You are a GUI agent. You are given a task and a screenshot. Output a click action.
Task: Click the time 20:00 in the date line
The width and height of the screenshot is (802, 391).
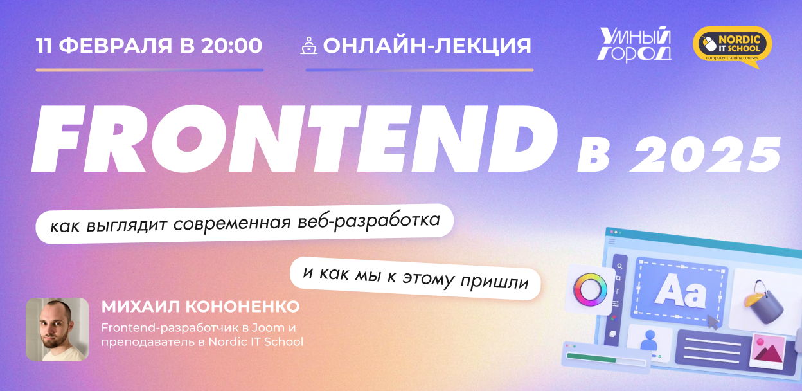(231, 46)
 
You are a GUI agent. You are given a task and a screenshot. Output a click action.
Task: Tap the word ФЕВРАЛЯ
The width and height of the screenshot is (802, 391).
(115, 46)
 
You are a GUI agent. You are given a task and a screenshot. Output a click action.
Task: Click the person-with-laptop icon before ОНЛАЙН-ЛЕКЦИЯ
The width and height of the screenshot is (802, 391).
(308, 46)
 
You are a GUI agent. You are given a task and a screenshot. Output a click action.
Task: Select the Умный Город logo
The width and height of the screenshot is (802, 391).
(634, 44)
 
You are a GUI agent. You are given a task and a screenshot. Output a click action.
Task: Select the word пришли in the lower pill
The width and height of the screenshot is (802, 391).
(494, 282)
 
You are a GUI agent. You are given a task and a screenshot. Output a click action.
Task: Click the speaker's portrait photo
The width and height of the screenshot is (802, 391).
(57, 329)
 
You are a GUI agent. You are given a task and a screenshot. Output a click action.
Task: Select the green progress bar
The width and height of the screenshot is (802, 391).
(591, 358)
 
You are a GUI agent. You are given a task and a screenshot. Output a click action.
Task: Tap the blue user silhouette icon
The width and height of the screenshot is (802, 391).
(648, 340)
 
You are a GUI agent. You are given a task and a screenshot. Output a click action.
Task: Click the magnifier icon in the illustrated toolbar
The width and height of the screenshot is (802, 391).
(619, 266)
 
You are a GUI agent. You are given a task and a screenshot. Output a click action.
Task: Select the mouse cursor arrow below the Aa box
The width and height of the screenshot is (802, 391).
(712, 322)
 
